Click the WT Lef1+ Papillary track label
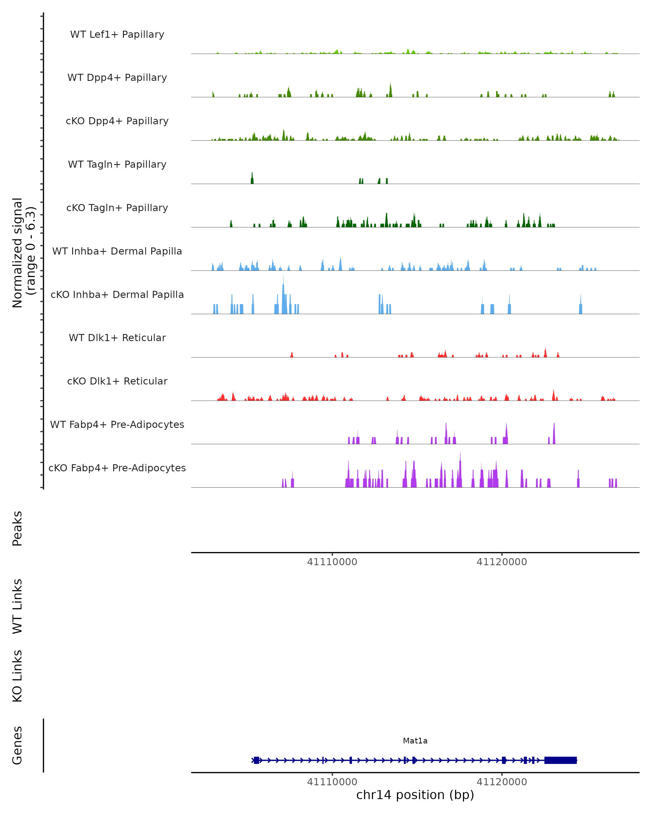pos(117,34)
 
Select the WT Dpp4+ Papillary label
pos(117,78)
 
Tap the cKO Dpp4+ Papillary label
pos(117,121)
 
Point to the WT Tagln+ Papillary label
pos(117,165)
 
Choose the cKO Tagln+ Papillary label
pos(117,208)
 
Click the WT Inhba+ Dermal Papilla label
pos(117,252)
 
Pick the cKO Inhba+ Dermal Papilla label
pos(117,295)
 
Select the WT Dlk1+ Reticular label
pos(117,338)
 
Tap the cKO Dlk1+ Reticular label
pos(117,381)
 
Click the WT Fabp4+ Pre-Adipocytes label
pos(117,425)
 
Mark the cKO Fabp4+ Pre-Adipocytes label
pos(117,468)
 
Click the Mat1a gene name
pos(415,741)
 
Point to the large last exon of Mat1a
pos(560,760)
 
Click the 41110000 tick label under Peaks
pos(332,562)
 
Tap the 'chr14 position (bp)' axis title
pos(415,795)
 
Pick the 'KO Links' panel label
pos(17,676)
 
